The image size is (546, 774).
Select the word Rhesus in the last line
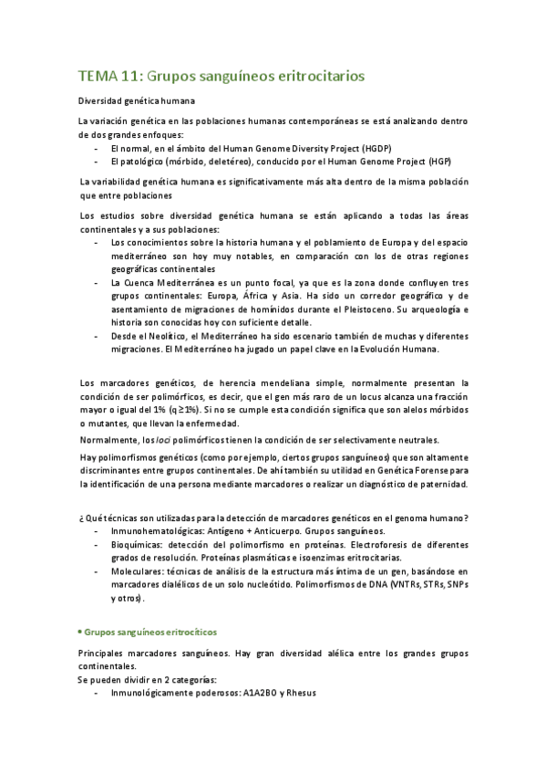point(296,693)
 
